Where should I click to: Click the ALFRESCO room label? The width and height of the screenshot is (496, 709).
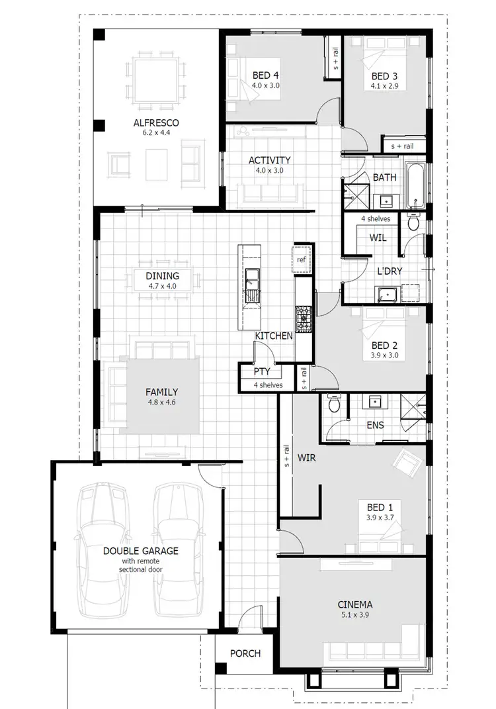click(156, 123)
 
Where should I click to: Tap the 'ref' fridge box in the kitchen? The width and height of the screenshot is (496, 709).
click(301, 260)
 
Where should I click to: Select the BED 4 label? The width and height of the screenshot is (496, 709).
click(265, 75)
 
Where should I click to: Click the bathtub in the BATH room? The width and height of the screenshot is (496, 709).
click(415, 183)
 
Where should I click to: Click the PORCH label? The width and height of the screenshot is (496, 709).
click(245, 653)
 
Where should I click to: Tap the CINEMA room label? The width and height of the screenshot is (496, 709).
click(354, 604)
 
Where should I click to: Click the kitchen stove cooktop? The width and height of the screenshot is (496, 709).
click(304, 318)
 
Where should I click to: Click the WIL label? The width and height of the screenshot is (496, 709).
click(378, 237)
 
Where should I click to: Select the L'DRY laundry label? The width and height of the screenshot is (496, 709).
click(390, 271)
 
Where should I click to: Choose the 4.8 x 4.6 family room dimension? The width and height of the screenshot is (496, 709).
click(161, 402)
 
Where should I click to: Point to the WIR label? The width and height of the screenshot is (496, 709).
click(306, 457)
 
